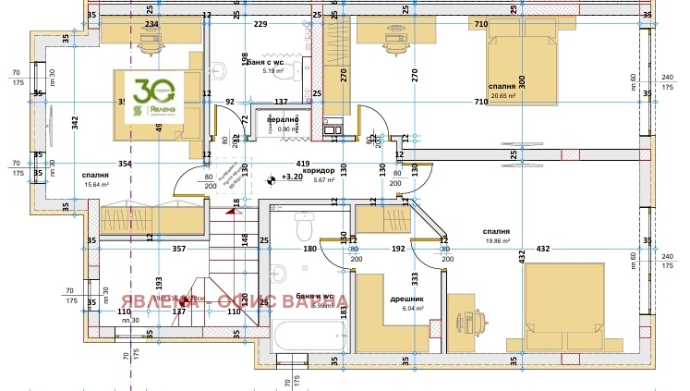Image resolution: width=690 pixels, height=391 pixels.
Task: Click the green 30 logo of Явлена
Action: [x=150, y=96]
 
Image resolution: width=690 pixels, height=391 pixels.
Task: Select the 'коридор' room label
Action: [x=318, y=170]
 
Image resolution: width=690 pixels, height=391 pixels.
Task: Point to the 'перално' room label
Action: [x=283, y=119]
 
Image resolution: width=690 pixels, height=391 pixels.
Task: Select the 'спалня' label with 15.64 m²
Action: [x=96, y=174]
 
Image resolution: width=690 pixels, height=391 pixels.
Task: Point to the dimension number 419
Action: [x=303, y=163]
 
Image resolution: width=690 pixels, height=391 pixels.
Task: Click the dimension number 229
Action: [x=260, y=24]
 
